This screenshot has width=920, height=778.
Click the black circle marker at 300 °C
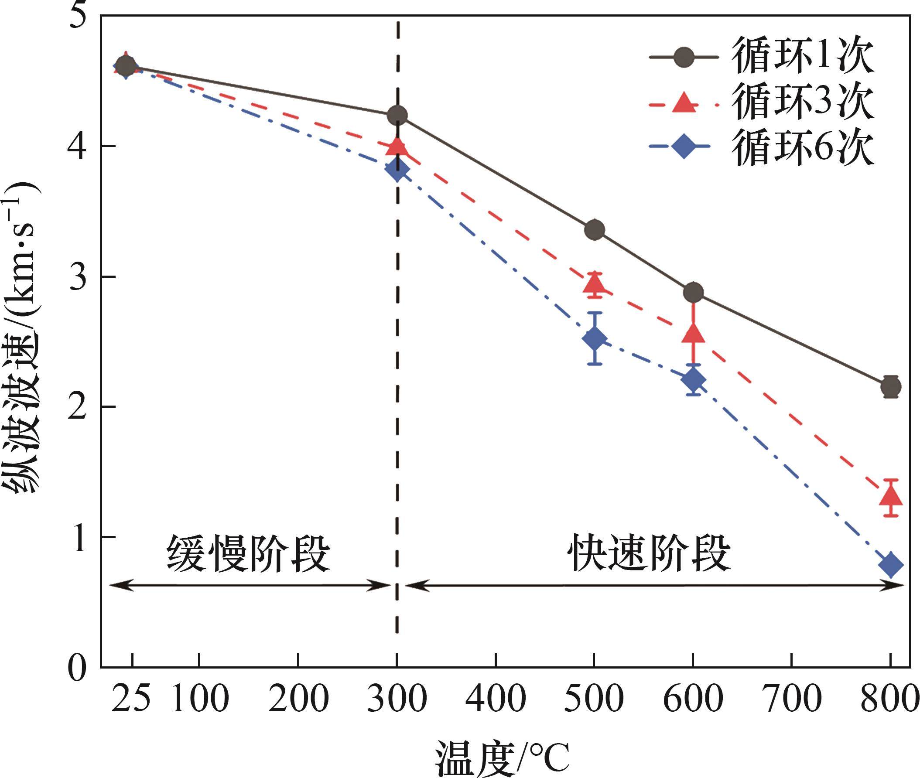point(397,116)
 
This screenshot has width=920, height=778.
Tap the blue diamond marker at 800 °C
point(891,565)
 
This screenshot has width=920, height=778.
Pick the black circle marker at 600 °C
point(693,292)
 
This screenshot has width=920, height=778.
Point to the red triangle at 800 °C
point(891,496)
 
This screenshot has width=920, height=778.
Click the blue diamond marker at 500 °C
point(595,339)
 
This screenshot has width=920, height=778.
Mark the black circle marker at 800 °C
point(891,387)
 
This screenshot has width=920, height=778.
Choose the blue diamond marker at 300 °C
point(397,169)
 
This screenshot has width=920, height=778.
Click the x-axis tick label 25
point(130,699)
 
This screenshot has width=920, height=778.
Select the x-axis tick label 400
point(496,699)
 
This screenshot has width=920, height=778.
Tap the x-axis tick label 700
point(793,699)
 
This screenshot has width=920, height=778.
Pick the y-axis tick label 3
point(79,277)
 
